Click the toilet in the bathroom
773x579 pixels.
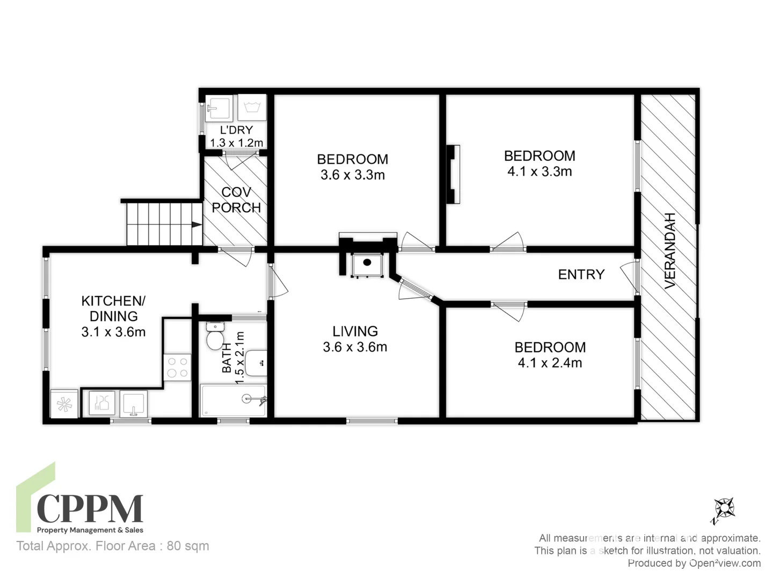tap(215, 336)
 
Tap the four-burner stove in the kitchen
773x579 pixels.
tap(177, 368)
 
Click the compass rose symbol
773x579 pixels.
tap(724, 507)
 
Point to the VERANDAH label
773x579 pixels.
tap(670, 251)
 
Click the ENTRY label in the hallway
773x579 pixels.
tap(581, 274)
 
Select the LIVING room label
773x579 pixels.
tap(355, 331)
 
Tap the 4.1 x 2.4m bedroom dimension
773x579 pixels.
tap(550, 363)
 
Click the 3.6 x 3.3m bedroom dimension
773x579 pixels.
tap(353, 175)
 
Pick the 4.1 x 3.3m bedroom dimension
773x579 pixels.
tap(539, 172)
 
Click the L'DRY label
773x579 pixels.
tap(236, 130)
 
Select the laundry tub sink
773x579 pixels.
tap(218, 108)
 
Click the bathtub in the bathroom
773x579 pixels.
tap(234, 400)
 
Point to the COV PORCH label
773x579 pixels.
tap(236, 199)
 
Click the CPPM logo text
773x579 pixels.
tap(90, 509)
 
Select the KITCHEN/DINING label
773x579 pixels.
tap(113, 308)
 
